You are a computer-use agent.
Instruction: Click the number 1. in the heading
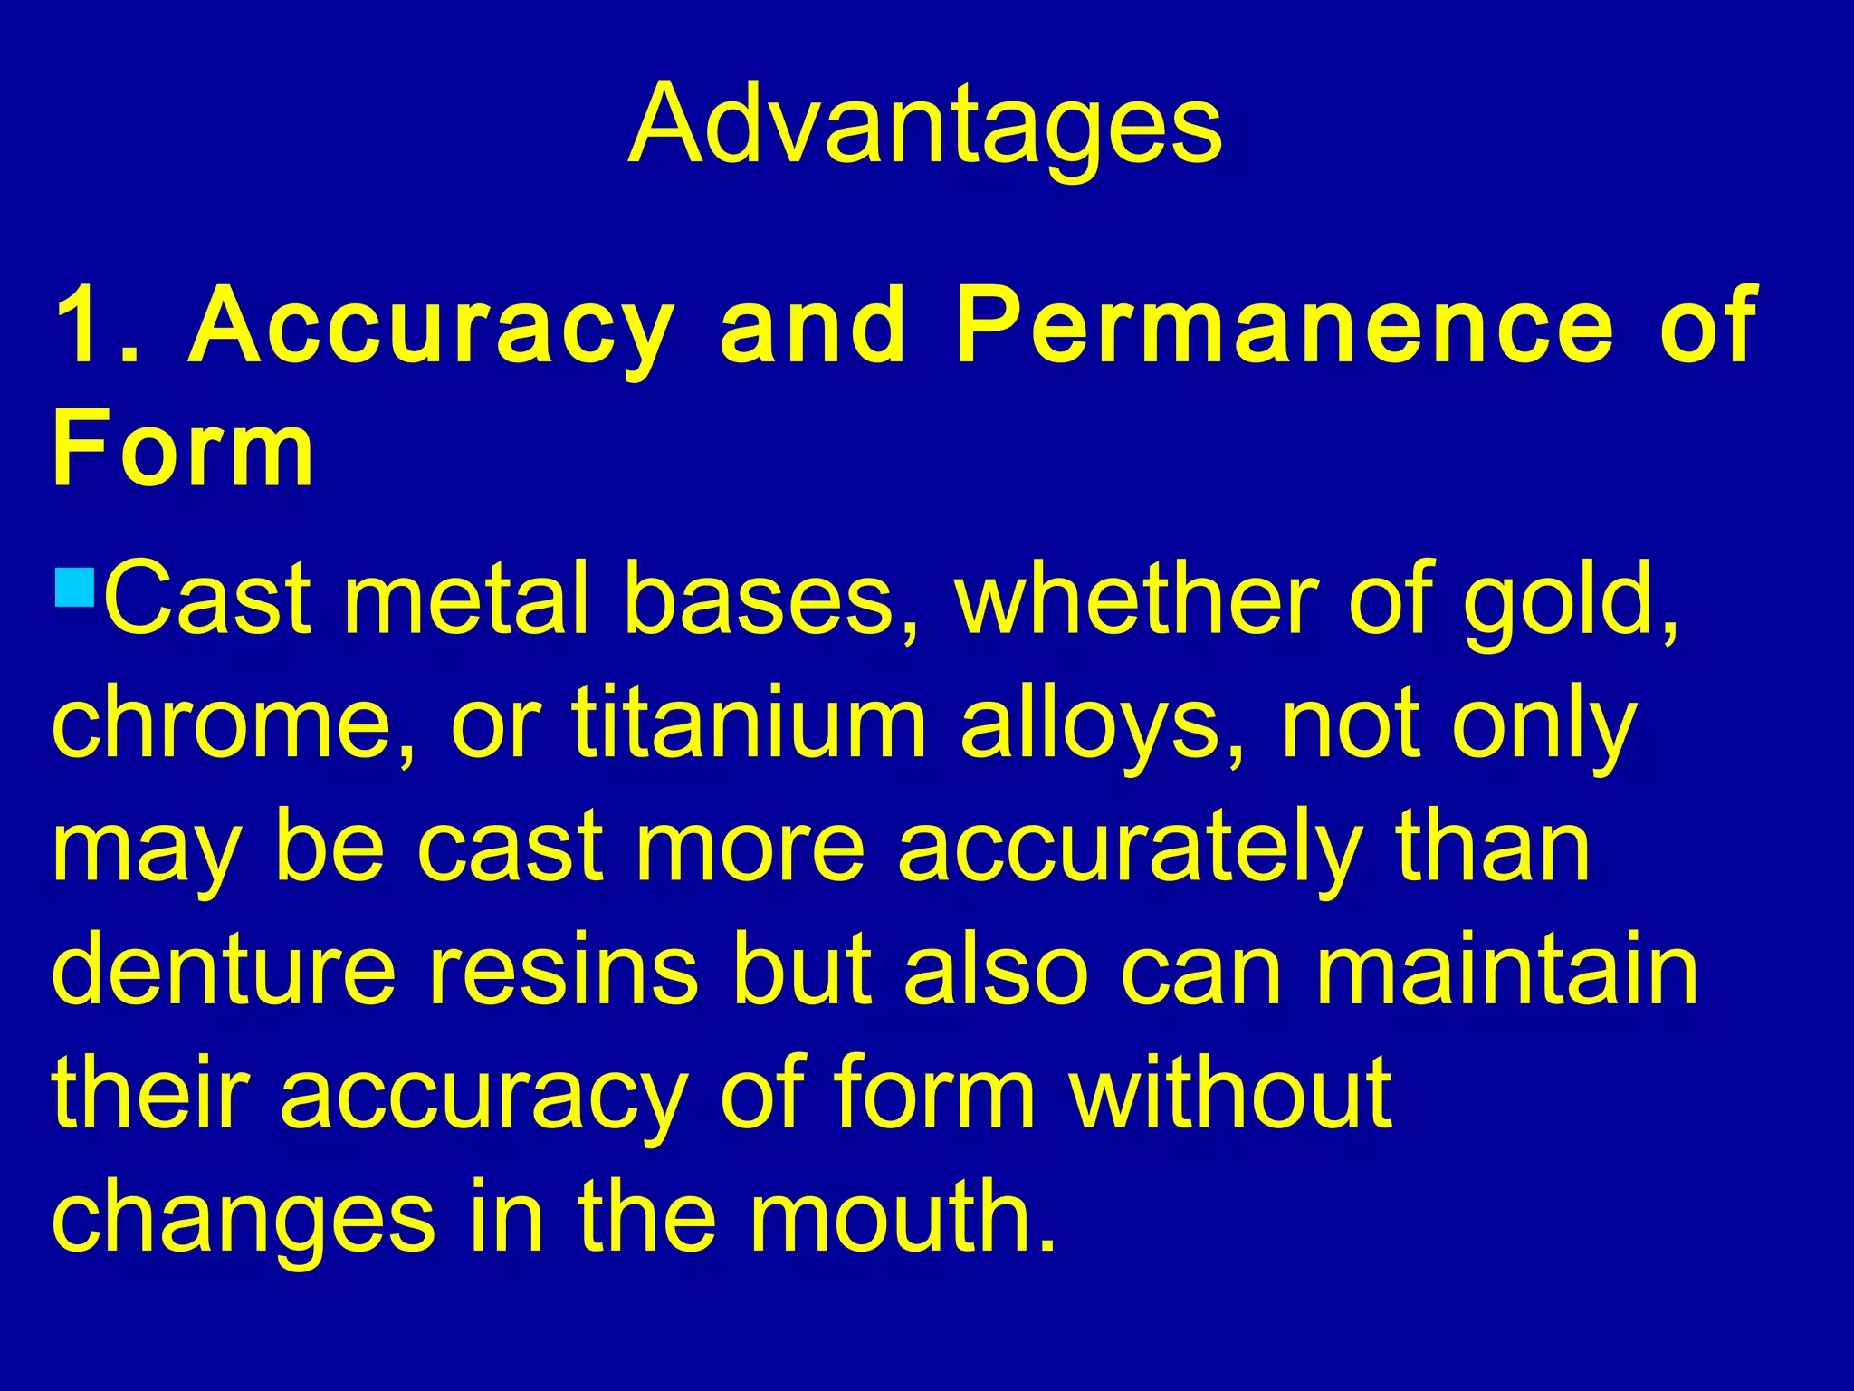tap(96, 325)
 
